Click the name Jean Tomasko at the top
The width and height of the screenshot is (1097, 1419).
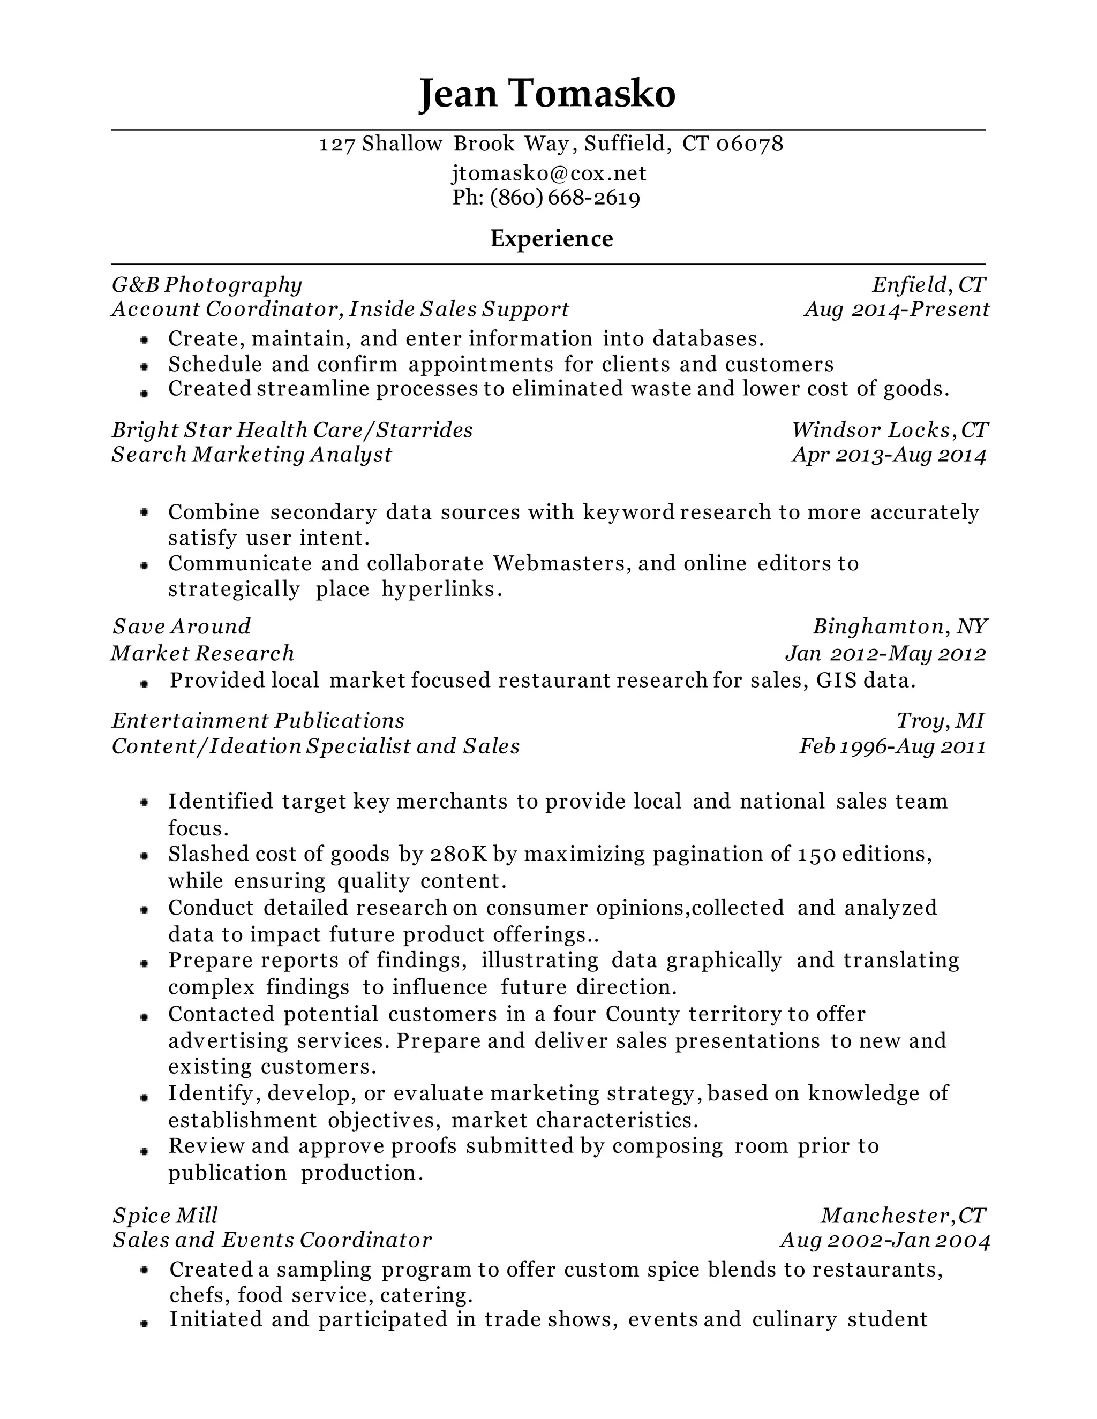pos(547,93)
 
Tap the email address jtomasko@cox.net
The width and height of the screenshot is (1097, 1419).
pos(548,173)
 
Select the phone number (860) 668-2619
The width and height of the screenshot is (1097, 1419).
pos(565,198)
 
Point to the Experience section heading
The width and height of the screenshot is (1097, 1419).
pos(551,238)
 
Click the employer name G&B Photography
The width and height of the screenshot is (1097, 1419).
pos(207,284)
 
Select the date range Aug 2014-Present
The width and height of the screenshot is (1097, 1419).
pos(896,310)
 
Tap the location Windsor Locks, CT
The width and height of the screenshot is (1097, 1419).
pos(889,430)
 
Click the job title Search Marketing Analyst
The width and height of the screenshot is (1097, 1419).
pos(252,454)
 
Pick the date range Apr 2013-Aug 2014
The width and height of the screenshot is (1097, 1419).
pos(889,455)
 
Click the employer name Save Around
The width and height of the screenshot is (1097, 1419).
pos(182,627)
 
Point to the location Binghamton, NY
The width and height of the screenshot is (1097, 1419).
pos(899,627)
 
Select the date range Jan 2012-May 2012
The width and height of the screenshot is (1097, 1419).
pos(885,653)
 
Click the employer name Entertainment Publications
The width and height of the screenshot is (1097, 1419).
pos(258,721)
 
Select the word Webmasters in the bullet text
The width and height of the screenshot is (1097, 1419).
pos(561,563)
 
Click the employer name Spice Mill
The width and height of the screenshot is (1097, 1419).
pos(165,1216)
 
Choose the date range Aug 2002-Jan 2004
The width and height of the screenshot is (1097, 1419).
pos(884,1240)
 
